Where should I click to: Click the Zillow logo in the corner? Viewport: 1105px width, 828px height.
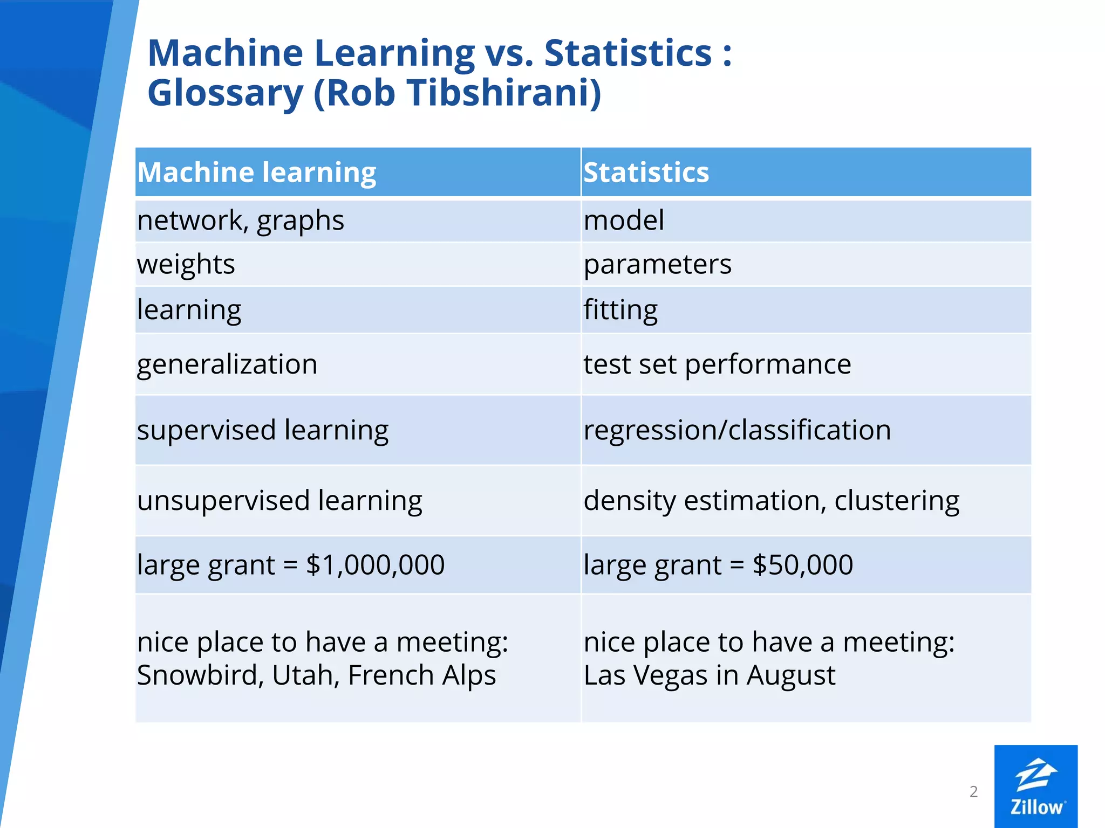tap(1035, 786)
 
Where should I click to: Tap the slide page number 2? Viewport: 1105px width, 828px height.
tap(973, 791)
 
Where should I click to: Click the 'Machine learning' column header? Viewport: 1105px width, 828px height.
tap(257, 172)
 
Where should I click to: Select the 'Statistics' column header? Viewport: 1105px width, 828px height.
tap(646, 172)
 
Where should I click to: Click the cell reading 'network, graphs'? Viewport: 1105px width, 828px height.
tap(241, 220)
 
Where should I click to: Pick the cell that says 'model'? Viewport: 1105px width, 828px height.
tap(624, 220)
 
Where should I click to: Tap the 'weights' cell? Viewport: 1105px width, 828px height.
tap(186, 264)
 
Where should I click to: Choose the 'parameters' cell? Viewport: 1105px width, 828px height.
tap(657, 264)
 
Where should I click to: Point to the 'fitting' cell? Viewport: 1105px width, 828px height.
tap(620, 310)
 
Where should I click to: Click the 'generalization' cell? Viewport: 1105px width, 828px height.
tap(227, 364)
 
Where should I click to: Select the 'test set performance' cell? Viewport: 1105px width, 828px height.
tap(717, 364)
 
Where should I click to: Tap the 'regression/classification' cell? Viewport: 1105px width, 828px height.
tap(737, 430)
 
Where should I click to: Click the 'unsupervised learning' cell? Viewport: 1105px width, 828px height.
tap(279, 501)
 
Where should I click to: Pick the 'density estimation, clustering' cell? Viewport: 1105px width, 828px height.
tap(772, 501)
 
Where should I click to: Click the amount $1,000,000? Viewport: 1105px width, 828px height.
tap(375, 565)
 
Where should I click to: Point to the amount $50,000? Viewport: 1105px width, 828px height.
tap(803, 565)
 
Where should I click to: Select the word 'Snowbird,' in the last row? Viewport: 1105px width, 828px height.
tap(200, 675)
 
